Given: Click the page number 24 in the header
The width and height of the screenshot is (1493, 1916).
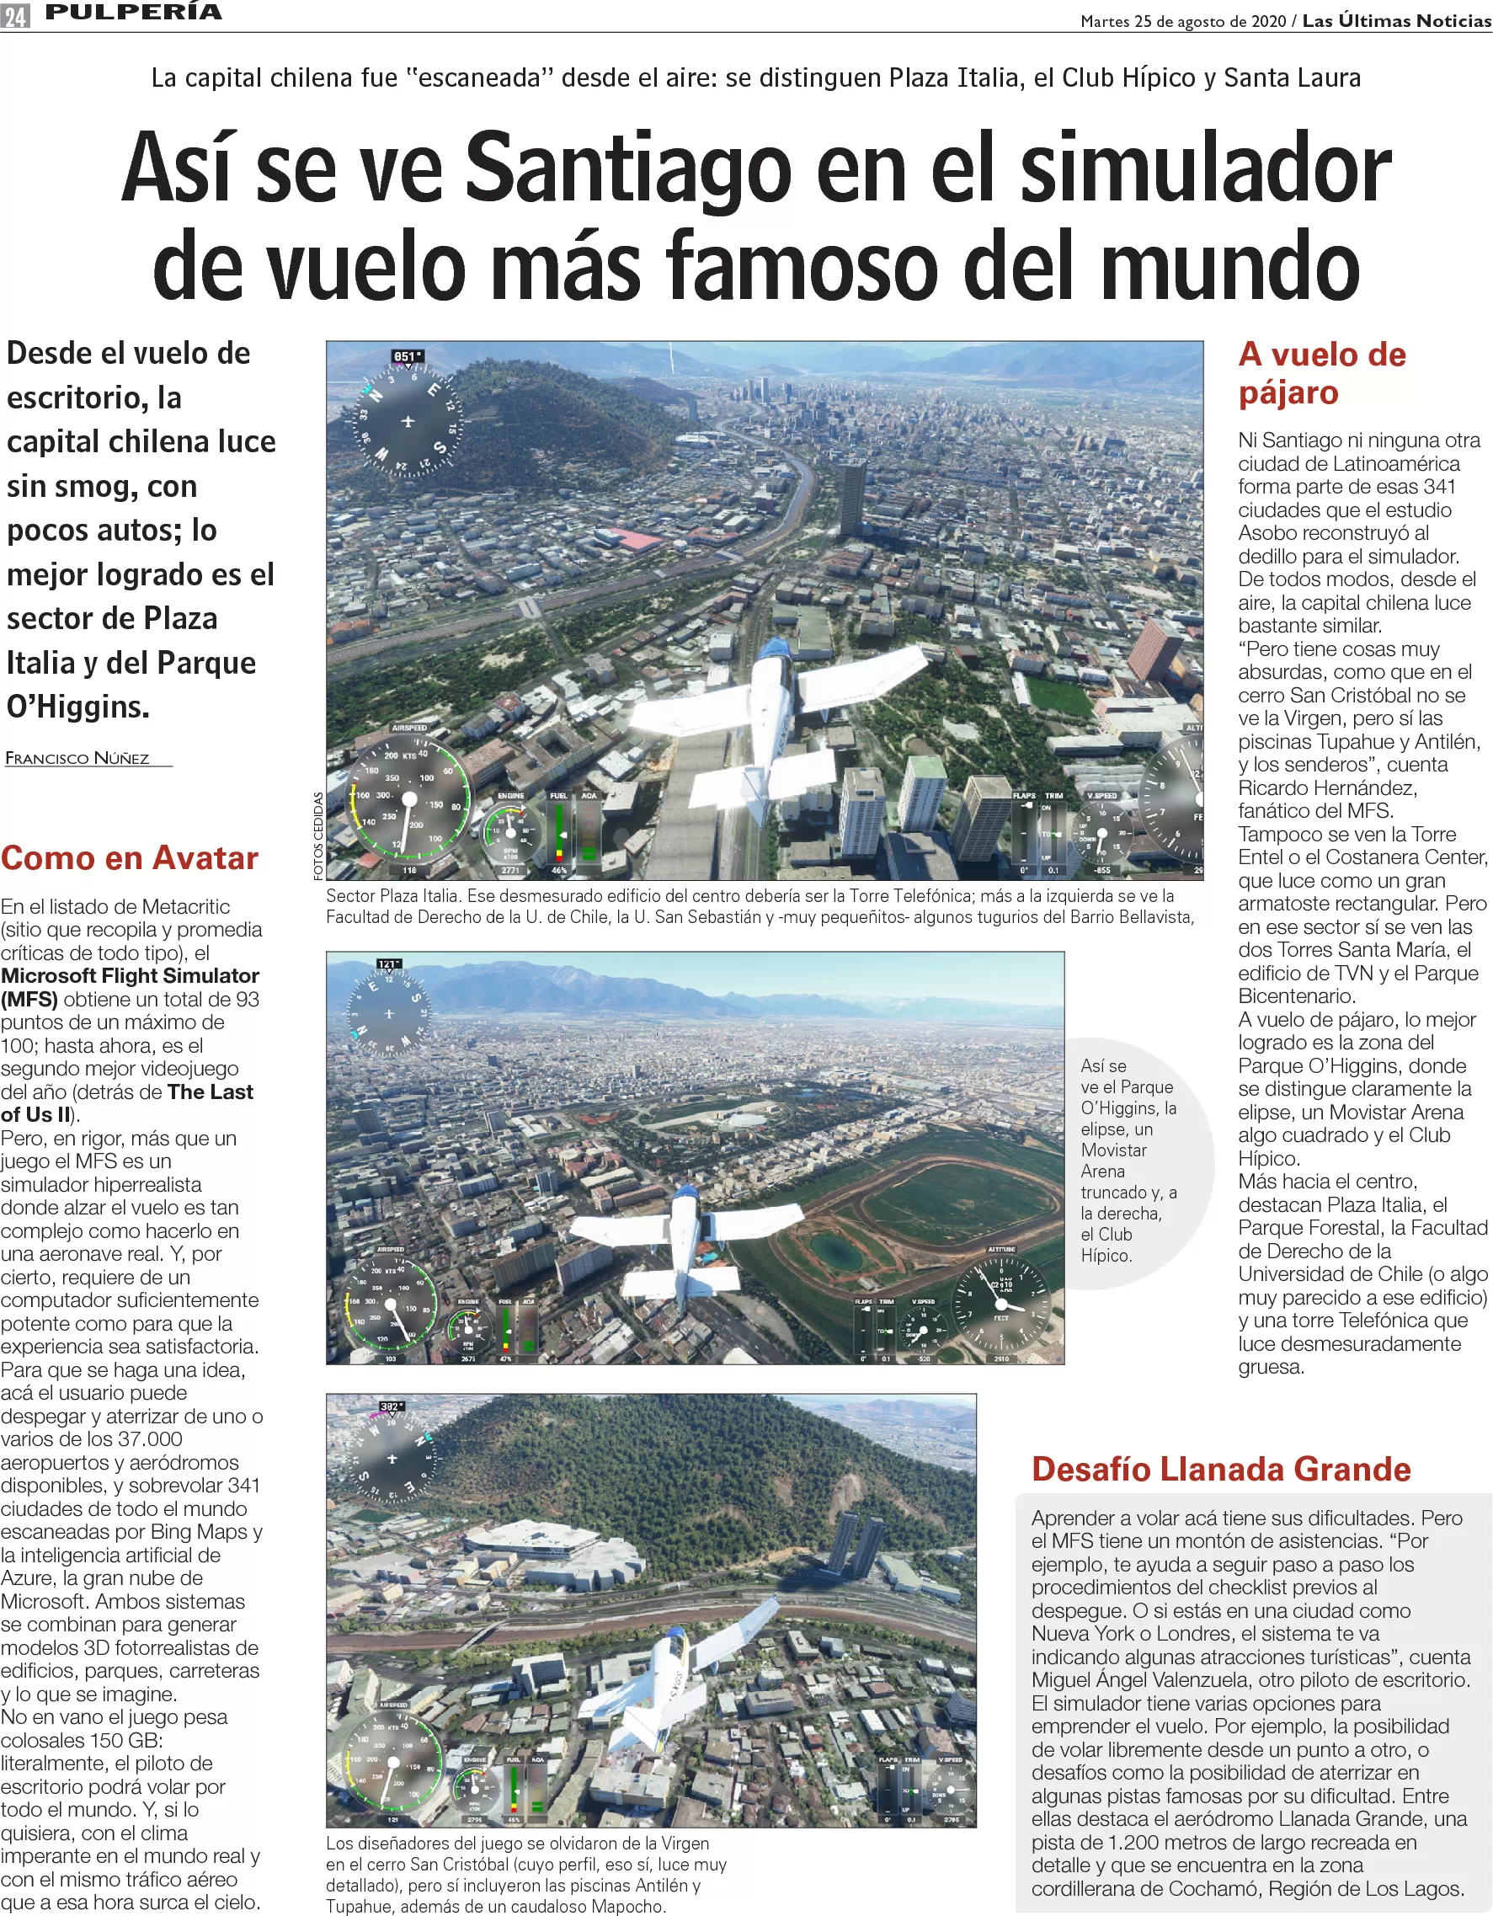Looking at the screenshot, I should (x=15, y=15).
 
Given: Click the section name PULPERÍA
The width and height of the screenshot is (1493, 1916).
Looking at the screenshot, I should (x=133, y=13).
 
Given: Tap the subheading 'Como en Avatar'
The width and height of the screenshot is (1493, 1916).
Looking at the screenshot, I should (x=130, y=858).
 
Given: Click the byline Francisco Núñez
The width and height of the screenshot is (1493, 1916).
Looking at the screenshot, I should (x=78, y=759).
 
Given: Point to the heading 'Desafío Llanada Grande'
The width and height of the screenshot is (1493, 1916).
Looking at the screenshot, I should (x=1221, y=1470).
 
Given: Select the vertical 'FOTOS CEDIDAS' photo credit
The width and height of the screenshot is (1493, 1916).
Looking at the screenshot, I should (x=318, y=835).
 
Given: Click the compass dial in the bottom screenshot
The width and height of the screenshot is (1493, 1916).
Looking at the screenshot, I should (x=392, y=1458).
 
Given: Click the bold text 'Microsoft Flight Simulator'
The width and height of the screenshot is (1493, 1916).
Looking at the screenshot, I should (x=130, y=975).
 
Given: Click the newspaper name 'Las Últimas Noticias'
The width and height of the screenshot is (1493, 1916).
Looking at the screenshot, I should (x=1396, y=21).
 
